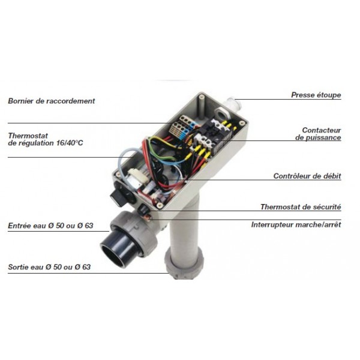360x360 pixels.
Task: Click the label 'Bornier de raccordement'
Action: point(52,101)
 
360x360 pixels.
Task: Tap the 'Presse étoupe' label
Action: point(316,95)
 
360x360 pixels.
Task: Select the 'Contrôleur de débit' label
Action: point(307,176)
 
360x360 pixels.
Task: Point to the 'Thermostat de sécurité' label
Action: point(301,207)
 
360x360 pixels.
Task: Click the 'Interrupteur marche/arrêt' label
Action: point(296,224)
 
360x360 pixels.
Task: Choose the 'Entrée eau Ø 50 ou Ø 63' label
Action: point(51,226)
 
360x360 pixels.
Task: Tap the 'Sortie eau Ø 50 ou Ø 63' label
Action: point(49,267)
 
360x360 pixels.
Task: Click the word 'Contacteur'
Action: point(322,130)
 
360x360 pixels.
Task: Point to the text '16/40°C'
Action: point(70,143)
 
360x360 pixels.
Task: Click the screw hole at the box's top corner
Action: point(202,97)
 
